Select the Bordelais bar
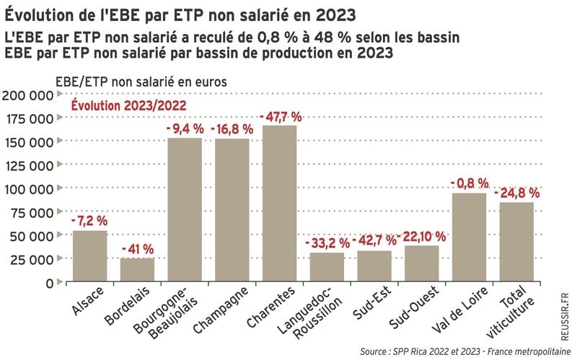pyautogui.click(x=137, y=271)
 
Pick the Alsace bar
pyautogui.click(x=90, y=257)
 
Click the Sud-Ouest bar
pyautogui.click(x=421, y=264)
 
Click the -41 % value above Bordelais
pyautogui.click(x=137, y=250)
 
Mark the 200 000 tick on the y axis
pyautogui.click(x=27, y=95)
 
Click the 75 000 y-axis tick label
pyautogui.click(x=31, y=213)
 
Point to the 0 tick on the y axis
pyautogui.click(x=48, y=284)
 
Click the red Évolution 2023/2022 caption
pyautogui.click(x=128, y=105)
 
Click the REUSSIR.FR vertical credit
pyautogui.click(x=565, y=310)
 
